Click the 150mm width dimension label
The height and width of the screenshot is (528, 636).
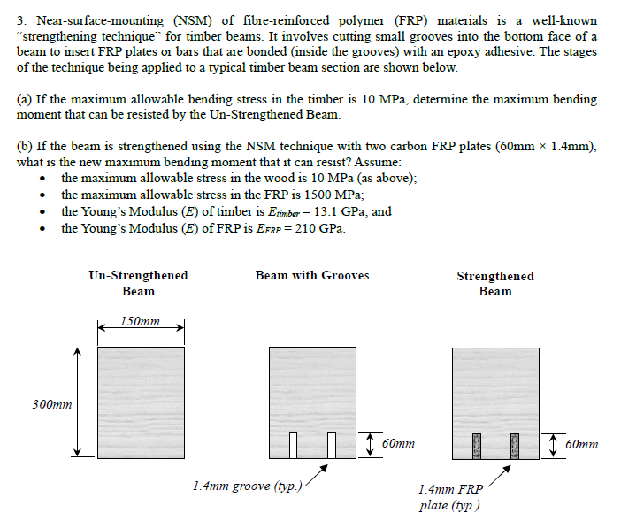click(141, 321)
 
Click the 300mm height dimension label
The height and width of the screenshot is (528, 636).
click(52, 404)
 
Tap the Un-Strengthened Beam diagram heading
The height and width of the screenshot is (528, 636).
click(138, 283)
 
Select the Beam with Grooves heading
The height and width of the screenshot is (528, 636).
click(312, 276)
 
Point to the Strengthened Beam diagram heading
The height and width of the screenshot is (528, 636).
click(494, 283)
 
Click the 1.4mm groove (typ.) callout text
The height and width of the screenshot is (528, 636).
click(248, 486)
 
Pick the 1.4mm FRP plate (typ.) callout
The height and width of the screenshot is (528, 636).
click(450, 497)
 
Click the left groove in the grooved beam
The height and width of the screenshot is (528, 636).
click(301, 445)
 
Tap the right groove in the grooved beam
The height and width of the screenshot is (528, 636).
click(333, 445)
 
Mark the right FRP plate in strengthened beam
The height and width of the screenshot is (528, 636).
click(513, 445)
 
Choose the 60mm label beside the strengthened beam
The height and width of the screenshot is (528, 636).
click(581, 444)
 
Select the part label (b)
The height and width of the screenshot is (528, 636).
click(26, 147)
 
